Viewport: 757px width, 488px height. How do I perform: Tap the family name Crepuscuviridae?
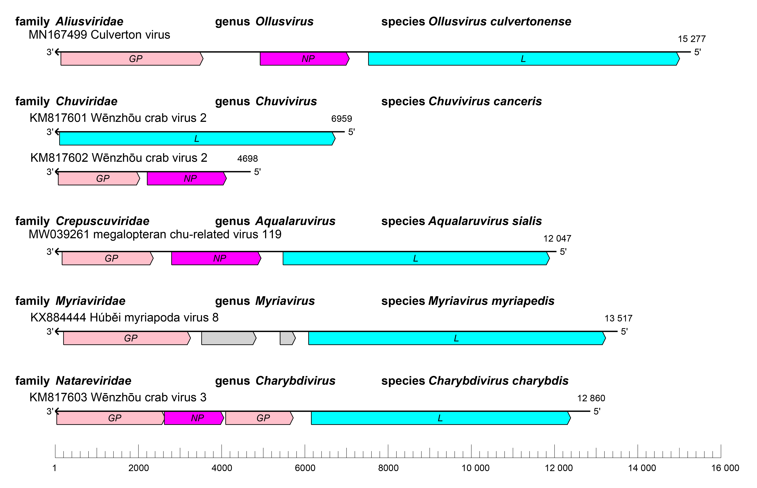point(102,221)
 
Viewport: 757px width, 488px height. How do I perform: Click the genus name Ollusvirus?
point(284,22)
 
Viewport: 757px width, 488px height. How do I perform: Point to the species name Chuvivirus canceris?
point(485,101)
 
